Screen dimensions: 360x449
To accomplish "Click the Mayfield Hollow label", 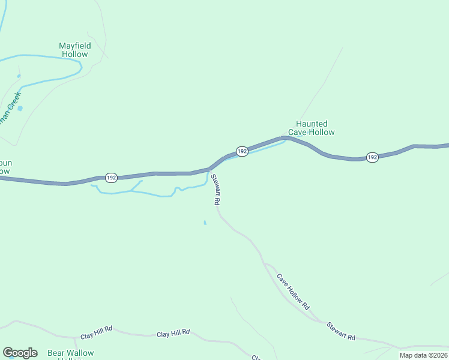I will point(74,50).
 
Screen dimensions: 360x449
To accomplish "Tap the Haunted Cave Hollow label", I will point(311,128).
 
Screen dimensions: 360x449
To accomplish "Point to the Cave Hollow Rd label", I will point(293,292).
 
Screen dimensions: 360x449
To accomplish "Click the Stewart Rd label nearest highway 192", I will point(214,190).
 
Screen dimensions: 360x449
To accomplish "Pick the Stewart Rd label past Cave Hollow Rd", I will point(341,331).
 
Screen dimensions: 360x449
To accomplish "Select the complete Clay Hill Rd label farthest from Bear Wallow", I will point(173,332).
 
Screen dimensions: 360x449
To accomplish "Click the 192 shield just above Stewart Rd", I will point(242,151).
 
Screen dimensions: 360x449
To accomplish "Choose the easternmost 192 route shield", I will point(372,157).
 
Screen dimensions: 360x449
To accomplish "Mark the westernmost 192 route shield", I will point(111,178).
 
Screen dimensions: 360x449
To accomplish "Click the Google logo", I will point(20,353).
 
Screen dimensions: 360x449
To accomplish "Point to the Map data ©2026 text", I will point(423,355).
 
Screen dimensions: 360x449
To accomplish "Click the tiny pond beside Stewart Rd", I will point(205,223).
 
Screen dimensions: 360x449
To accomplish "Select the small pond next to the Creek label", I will point(20,108).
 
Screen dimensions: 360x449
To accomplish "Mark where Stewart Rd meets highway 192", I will point(209,170).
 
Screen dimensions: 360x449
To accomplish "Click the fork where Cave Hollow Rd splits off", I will point(264,263).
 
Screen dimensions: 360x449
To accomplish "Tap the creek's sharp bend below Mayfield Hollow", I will point(80,68).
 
